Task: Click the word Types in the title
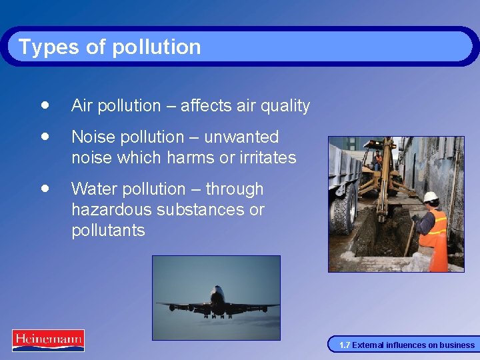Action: click(41, 47)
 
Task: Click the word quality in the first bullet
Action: click(285, 106)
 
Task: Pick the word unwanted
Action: click(241, 137)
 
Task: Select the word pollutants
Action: click(107, 231)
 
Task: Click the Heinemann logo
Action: click(48, 340)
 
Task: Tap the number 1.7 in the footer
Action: click(344, 345)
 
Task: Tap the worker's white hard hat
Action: click(431, 197)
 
